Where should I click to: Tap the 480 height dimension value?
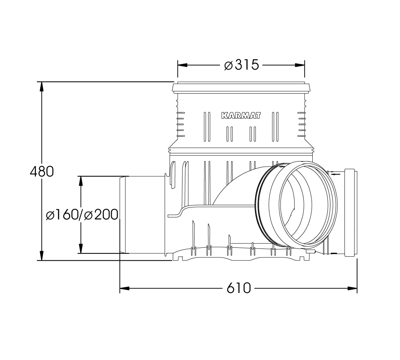click(x=42, y=171)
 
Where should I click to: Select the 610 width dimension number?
click(x=239, y=288)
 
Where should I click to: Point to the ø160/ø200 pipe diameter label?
click(x=82, y=214)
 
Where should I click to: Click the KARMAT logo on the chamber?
click(x=241, y=116)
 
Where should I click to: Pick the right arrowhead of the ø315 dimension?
click(x=300, y=65)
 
